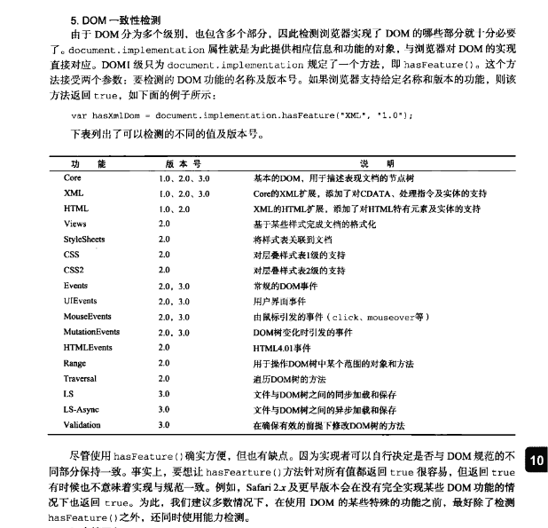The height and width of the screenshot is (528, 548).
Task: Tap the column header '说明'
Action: [364, 163]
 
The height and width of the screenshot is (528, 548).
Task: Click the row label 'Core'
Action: [73, 177]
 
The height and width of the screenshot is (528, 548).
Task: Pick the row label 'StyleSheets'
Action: [84, 240]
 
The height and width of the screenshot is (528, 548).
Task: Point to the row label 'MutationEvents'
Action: [91, 332]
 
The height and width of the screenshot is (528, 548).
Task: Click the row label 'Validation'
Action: [82, 425]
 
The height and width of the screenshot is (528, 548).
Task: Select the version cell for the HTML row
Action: [174, 209]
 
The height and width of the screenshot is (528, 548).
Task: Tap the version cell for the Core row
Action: [184, 177]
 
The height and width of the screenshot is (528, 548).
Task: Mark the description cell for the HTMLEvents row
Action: [282, 348]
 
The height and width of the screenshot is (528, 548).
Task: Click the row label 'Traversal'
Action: [81, 378]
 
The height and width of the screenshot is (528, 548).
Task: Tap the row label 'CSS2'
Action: [74, 271]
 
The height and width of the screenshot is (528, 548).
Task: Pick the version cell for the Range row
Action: [164, 363]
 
